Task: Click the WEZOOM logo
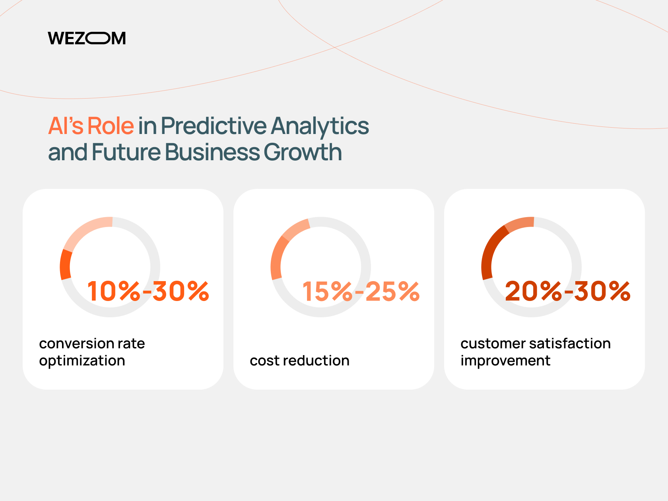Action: coord(87,38)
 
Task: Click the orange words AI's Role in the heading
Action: coord(91,126)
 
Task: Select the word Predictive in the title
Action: coord(214,126)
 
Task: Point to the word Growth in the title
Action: coord(303,152)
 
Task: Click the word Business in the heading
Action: coord(212,152)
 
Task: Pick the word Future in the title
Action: coord(126,152)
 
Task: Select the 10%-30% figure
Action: coord(148,291)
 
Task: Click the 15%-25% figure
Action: coord(361,291)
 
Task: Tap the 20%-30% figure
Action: coord(568,291)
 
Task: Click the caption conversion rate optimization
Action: coord(92,352)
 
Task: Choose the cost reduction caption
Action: coord(299,361)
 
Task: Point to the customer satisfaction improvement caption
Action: coord(536,352)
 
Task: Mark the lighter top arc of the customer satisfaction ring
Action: coord(519,223)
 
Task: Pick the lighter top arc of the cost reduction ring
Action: coord(295,229)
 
